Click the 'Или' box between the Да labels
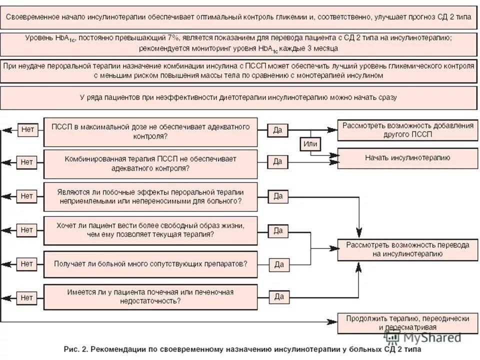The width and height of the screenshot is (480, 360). click(x=310, y=144)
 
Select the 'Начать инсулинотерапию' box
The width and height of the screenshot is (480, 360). click(x=407, y=158)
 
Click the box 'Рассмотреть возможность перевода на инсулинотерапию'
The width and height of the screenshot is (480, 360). click(x=407, y=249)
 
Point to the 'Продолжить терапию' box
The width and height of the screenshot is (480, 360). click(x=407, y=323)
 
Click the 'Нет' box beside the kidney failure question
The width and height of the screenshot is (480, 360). click(x=27, y=297)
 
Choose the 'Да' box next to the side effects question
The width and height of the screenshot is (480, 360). click(x=278, y=196)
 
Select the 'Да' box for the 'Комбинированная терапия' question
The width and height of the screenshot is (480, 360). click(x=278, y=161)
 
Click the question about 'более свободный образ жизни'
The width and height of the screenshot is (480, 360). click(x=150, y=230)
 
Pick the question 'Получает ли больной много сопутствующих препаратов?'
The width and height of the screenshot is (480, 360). click(x=150, y=263)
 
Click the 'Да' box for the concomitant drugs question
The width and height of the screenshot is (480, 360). click(x=278, y=264)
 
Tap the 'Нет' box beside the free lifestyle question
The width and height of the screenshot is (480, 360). click(x=27, y=230)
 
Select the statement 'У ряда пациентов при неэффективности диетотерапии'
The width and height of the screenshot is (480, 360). click(x=239, y=97)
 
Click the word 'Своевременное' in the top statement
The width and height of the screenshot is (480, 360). click(x=33, y=16)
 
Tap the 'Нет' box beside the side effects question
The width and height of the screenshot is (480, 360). click(x=27, y=196)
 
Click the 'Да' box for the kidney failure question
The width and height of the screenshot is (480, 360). click(x=278, y=297)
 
